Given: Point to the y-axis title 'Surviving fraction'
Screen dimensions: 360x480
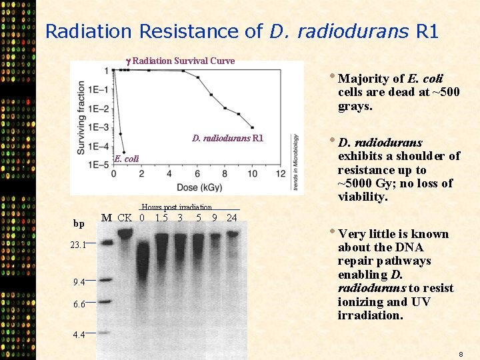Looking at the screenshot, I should [x=81, y=119].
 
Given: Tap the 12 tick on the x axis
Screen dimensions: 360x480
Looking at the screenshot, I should [x=281, y=175].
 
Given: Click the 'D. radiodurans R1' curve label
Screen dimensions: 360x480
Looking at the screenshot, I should [x=228, y=139].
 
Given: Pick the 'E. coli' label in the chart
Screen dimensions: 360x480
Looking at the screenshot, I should [x=127, y=159].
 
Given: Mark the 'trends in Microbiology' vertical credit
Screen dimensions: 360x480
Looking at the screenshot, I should [x=295, y=162].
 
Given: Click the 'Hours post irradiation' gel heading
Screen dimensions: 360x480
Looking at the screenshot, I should [x=177, y=207].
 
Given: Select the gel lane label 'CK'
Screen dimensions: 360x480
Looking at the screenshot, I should [x=125, y=217].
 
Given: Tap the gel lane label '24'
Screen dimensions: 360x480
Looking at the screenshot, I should [x=232, y=217].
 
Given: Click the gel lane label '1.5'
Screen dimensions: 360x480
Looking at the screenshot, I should [x=161, y=217].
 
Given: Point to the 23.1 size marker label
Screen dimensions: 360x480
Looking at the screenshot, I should [x=79, y=245].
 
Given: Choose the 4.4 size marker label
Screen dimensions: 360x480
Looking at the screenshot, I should [x=79, y=335].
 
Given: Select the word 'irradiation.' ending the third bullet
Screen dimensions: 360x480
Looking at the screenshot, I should [x=371, y=315].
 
